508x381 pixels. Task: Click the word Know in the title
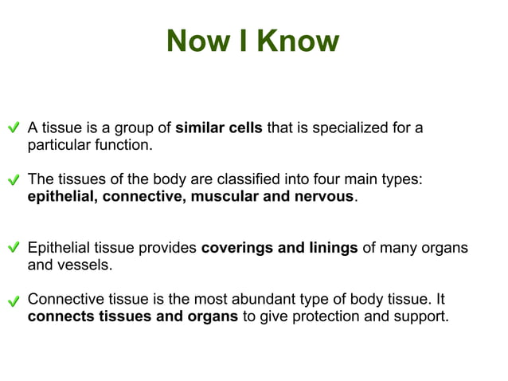point(299,41)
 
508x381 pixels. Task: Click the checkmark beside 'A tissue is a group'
point(14,128)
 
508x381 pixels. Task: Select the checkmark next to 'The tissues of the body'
point(14,180)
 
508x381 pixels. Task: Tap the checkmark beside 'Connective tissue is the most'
point(14,302)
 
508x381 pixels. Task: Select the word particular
point(57,146)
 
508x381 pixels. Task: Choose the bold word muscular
point(223,196)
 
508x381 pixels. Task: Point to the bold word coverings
point(236,248)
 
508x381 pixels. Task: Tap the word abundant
point(264,300)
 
